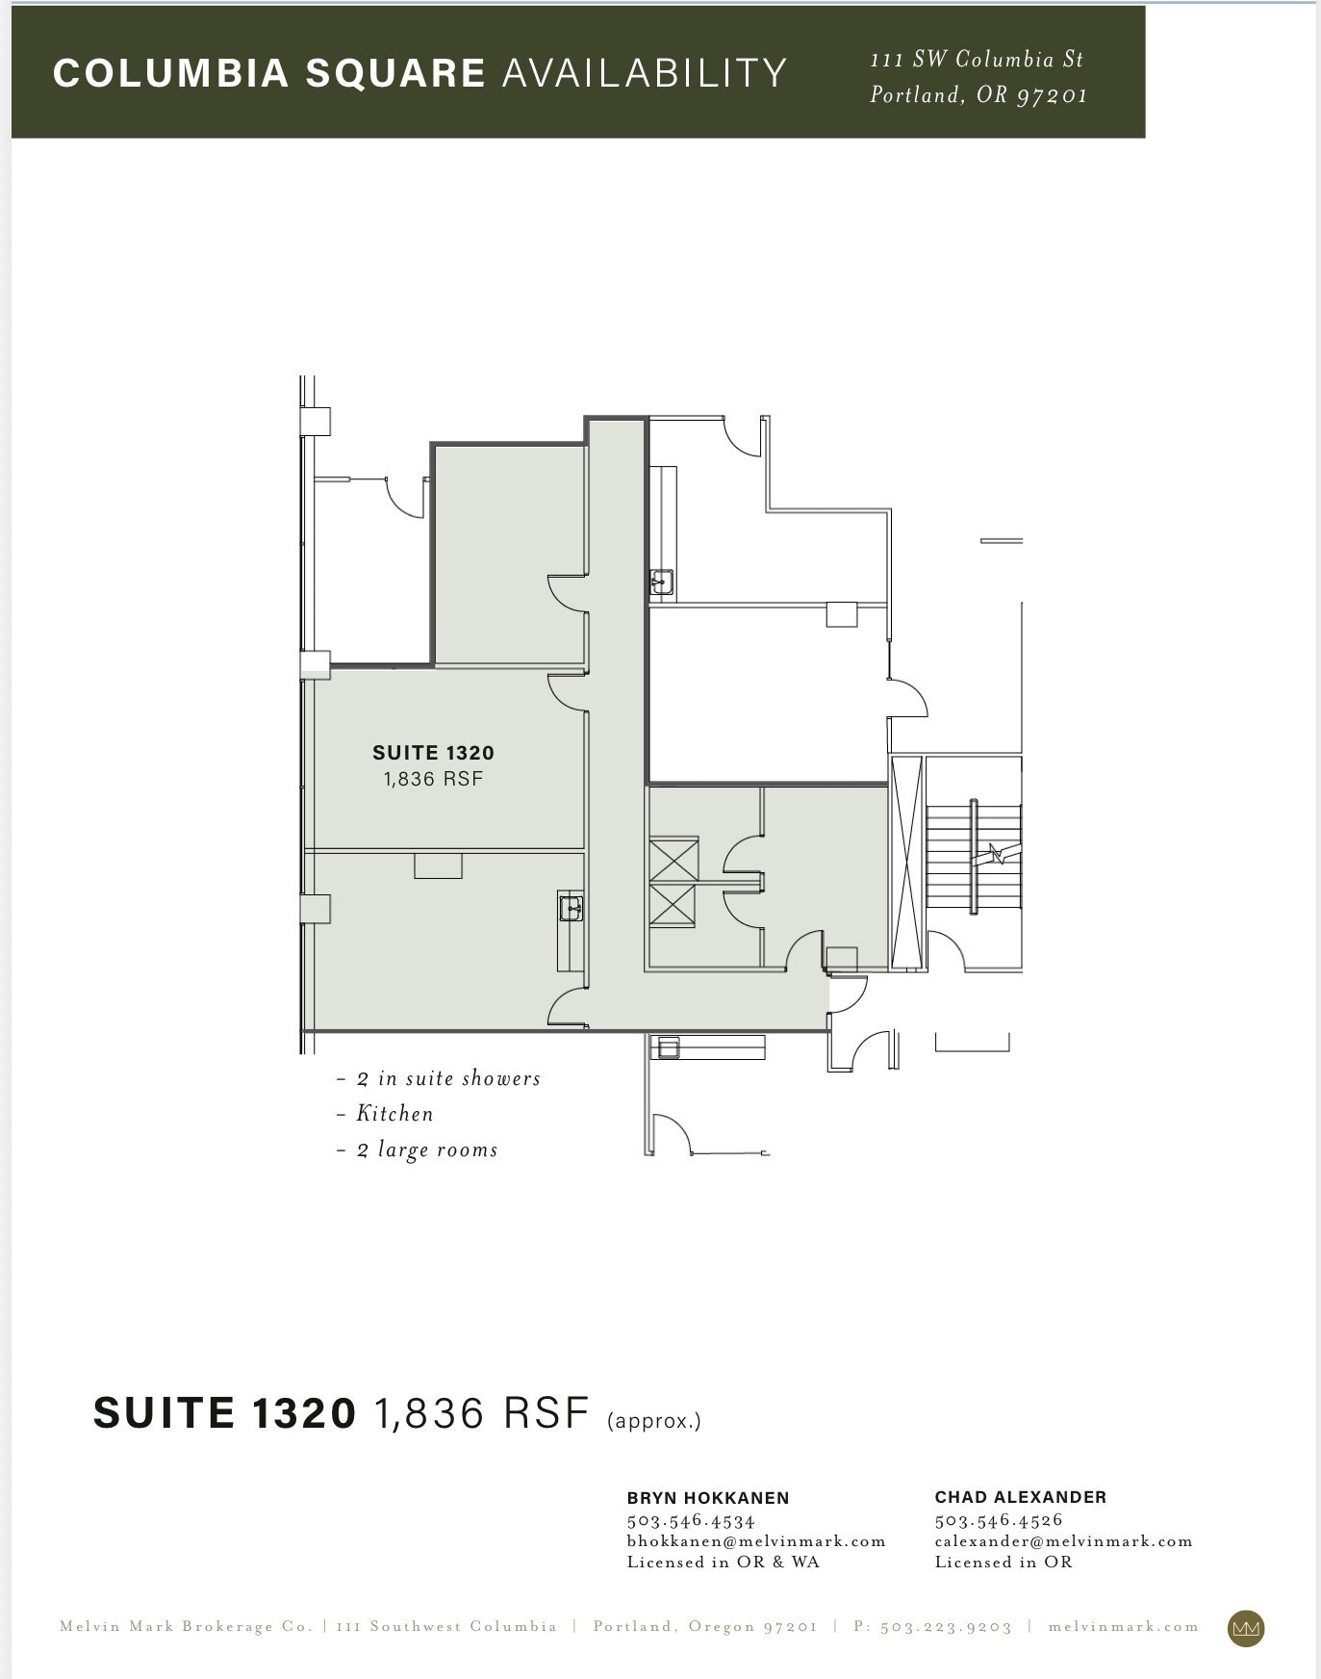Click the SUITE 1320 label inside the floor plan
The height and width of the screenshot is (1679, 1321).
click(x=433, y=753)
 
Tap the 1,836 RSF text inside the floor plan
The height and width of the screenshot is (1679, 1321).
click(x=433, y=779)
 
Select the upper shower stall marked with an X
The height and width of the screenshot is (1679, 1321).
click(x=673, y=859)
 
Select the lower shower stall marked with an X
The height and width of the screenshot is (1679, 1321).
click(x=673, y=905)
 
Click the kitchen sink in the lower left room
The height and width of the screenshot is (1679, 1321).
click(x=572, y=908)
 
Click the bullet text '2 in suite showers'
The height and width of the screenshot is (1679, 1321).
click(x=447, y=1079)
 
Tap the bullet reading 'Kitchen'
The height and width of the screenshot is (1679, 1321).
click(x=394, y=1114)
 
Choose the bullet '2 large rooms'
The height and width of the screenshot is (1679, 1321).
click(x=426, y=1150)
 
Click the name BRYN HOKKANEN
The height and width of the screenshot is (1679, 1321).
click(x=708, y=1498)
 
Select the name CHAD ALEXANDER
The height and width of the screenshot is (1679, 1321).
click(x=1020, y=1497)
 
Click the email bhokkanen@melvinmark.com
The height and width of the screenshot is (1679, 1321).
click(x=755, y=1541)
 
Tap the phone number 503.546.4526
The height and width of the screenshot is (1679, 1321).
click(x=998, y=1520)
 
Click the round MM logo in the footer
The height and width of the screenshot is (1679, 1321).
click(x=1246, y=1628)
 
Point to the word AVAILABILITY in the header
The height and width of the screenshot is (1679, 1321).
click(x=644, y=73)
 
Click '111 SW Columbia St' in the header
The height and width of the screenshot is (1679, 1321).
click(x=976, y=60)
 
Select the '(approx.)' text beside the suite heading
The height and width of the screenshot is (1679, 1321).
click(x=654, y=1421)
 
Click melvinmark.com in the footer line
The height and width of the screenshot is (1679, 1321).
click(x=1123, y=1627)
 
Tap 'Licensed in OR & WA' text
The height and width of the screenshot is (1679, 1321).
click(x=723, y=1563)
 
